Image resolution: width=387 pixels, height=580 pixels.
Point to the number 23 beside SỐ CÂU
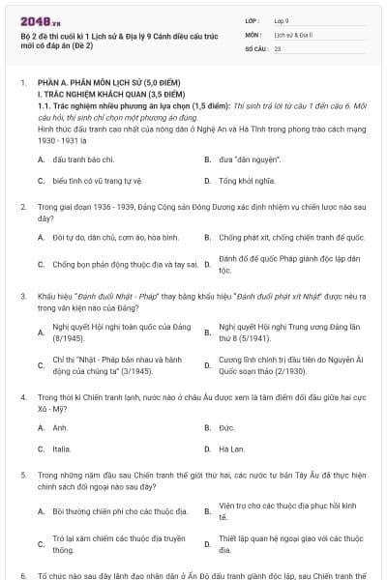278,47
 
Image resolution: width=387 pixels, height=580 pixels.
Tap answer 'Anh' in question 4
60,427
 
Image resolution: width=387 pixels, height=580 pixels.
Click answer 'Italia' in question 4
62,449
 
